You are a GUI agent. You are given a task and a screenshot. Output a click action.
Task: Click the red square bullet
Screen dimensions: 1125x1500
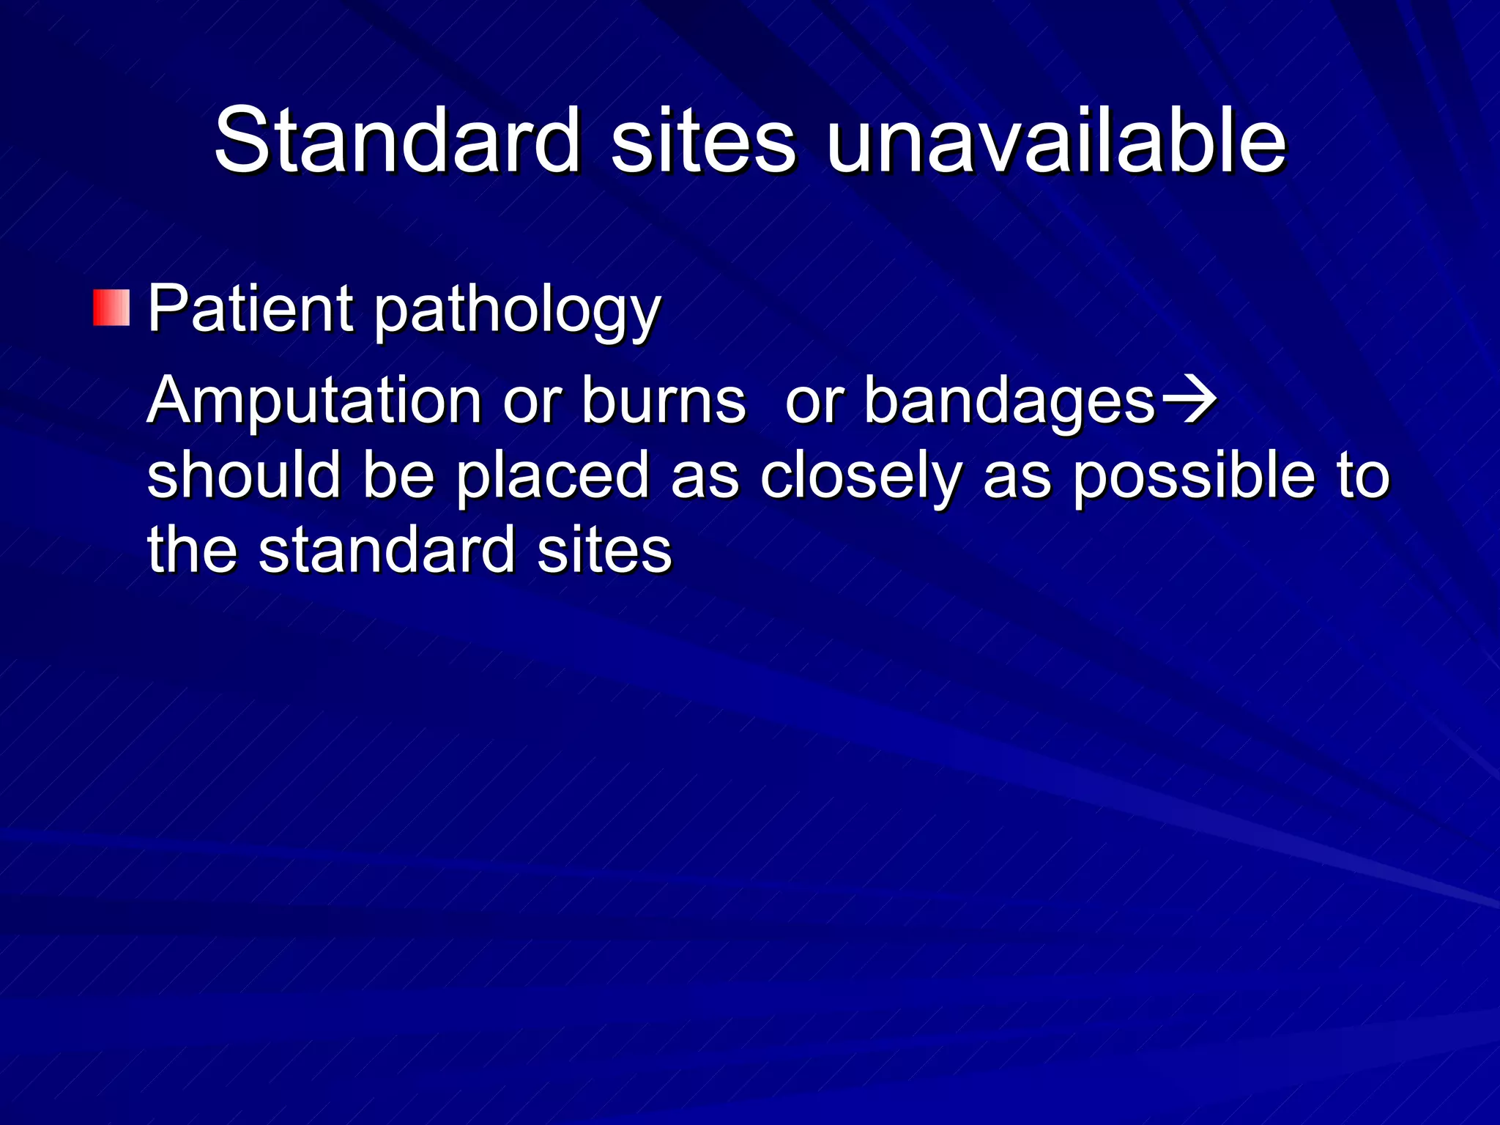[x=111, y=308]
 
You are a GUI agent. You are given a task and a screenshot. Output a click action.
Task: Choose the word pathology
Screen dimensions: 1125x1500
[x=518, y=311]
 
